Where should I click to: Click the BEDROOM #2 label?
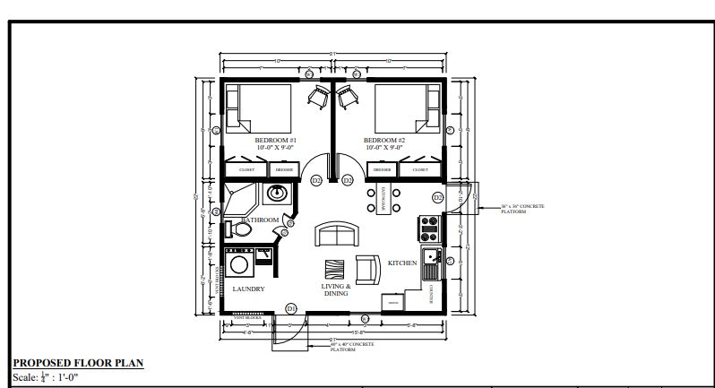385,142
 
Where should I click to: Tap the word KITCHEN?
402,263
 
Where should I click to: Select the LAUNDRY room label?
248,289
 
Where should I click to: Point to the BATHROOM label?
261,220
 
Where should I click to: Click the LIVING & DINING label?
335,289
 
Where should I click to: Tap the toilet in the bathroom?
240,230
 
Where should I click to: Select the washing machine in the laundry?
239,263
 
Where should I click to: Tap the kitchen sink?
430,262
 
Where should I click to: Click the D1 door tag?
291,308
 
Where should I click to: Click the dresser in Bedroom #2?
383,169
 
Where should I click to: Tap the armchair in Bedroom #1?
316,97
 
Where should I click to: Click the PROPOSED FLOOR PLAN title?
78,363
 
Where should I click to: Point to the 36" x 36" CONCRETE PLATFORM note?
522,209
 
